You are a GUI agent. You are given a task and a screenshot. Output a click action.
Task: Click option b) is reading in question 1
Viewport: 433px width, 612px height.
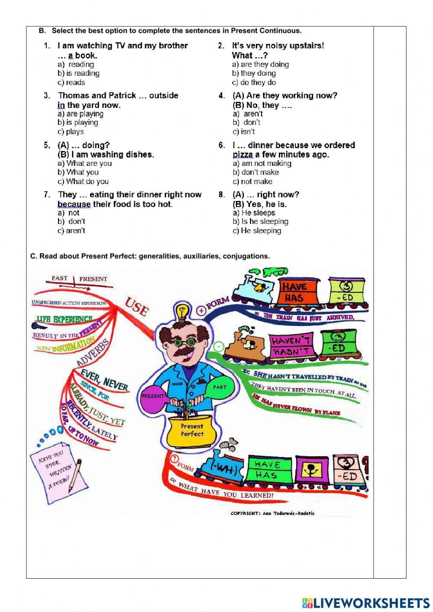[x=78, y=73]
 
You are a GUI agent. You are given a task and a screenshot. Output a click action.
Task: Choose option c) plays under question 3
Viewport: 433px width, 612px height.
[x=71, y=131]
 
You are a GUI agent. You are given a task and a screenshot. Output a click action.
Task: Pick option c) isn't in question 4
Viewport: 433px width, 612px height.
[x=244, y=131]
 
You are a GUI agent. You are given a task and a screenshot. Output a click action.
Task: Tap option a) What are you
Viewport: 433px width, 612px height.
[x=84, y=163]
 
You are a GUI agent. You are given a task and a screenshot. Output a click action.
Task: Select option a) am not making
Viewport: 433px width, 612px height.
[x=262, y=163]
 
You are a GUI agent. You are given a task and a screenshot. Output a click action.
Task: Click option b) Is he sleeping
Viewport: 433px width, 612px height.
[x=260, y=221]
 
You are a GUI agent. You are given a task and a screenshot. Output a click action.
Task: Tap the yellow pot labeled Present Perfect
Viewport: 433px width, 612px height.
[x=191, y=431]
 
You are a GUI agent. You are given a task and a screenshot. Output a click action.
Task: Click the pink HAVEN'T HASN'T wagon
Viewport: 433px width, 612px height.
[x=291, y=346]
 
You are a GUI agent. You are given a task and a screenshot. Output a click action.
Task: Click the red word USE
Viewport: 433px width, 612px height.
[x=137, y=306]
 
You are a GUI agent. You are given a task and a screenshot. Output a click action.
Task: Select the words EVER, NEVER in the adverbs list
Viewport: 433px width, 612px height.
[x=104, y=379]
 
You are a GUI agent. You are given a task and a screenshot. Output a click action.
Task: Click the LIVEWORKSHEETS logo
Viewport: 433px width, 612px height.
[x=365, y=602]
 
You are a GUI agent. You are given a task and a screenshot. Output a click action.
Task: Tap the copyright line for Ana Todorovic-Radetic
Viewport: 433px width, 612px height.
[x=272, y=513]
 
